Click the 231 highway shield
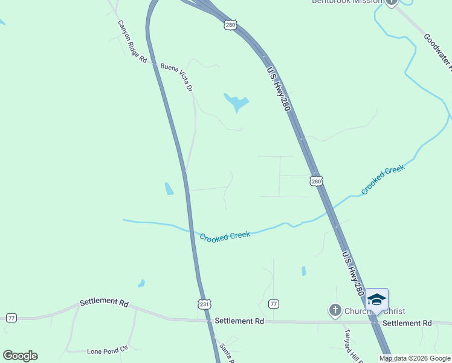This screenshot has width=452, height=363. (205, 304)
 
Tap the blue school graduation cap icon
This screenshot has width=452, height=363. (376, 299)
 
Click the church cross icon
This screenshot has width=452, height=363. (335, 311)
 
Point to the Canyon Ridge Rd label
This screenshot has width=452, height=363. (132, 42)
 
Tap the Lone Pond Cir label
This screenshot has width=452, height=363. (109, 350)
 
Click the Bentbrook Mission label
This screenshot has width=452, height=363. (347, 2)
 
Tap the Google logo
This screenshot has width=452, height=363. (20, 356)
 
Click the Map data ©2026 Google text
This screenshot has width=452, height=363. (415, 358)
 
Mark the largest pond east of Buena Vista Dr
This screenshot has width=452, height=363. (236, 102)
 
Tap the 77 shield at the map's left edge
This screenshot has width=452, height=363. (11, 318)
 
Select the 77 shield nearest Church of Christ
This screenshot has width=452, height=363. (274, 304)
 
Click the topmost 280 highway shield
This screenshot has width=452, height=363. (230, 25)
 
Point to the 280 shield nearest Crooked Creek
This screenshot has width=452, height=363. (316, 181)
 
